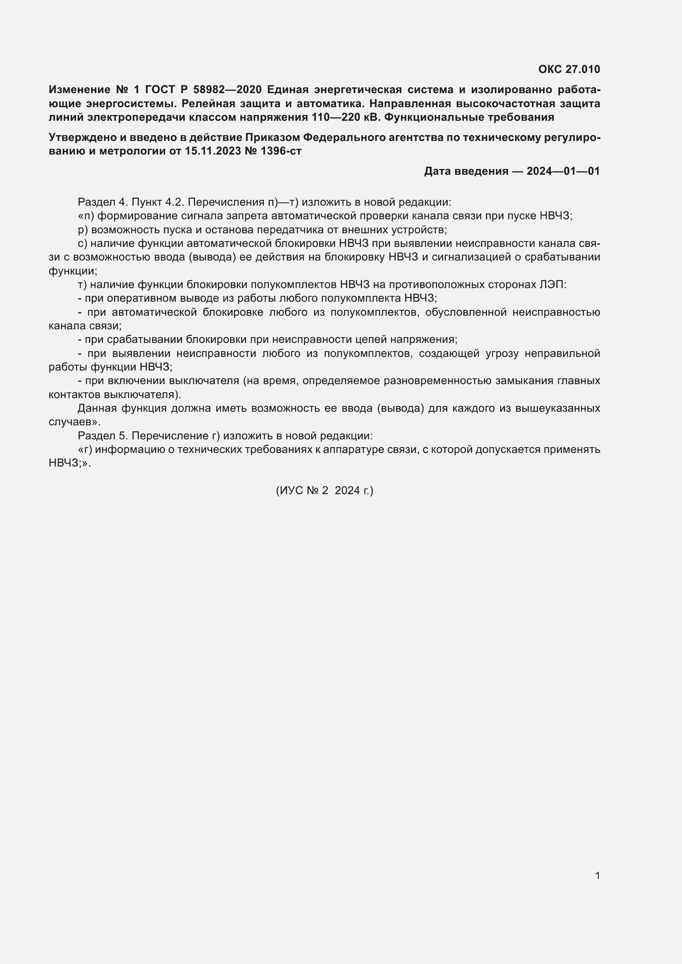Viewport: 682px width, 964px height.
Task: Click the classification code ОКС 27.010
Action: [569, 69]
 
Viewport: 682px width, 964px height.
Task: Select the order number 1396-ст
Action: [281, 151]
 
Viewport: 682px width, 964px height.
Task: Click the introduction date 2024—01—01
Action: [563, 171]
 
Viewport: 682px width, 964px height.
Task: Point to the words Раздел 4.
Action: [102, 202]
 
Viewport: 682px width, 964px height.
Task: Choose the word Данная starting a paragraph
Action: [97, 408]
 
